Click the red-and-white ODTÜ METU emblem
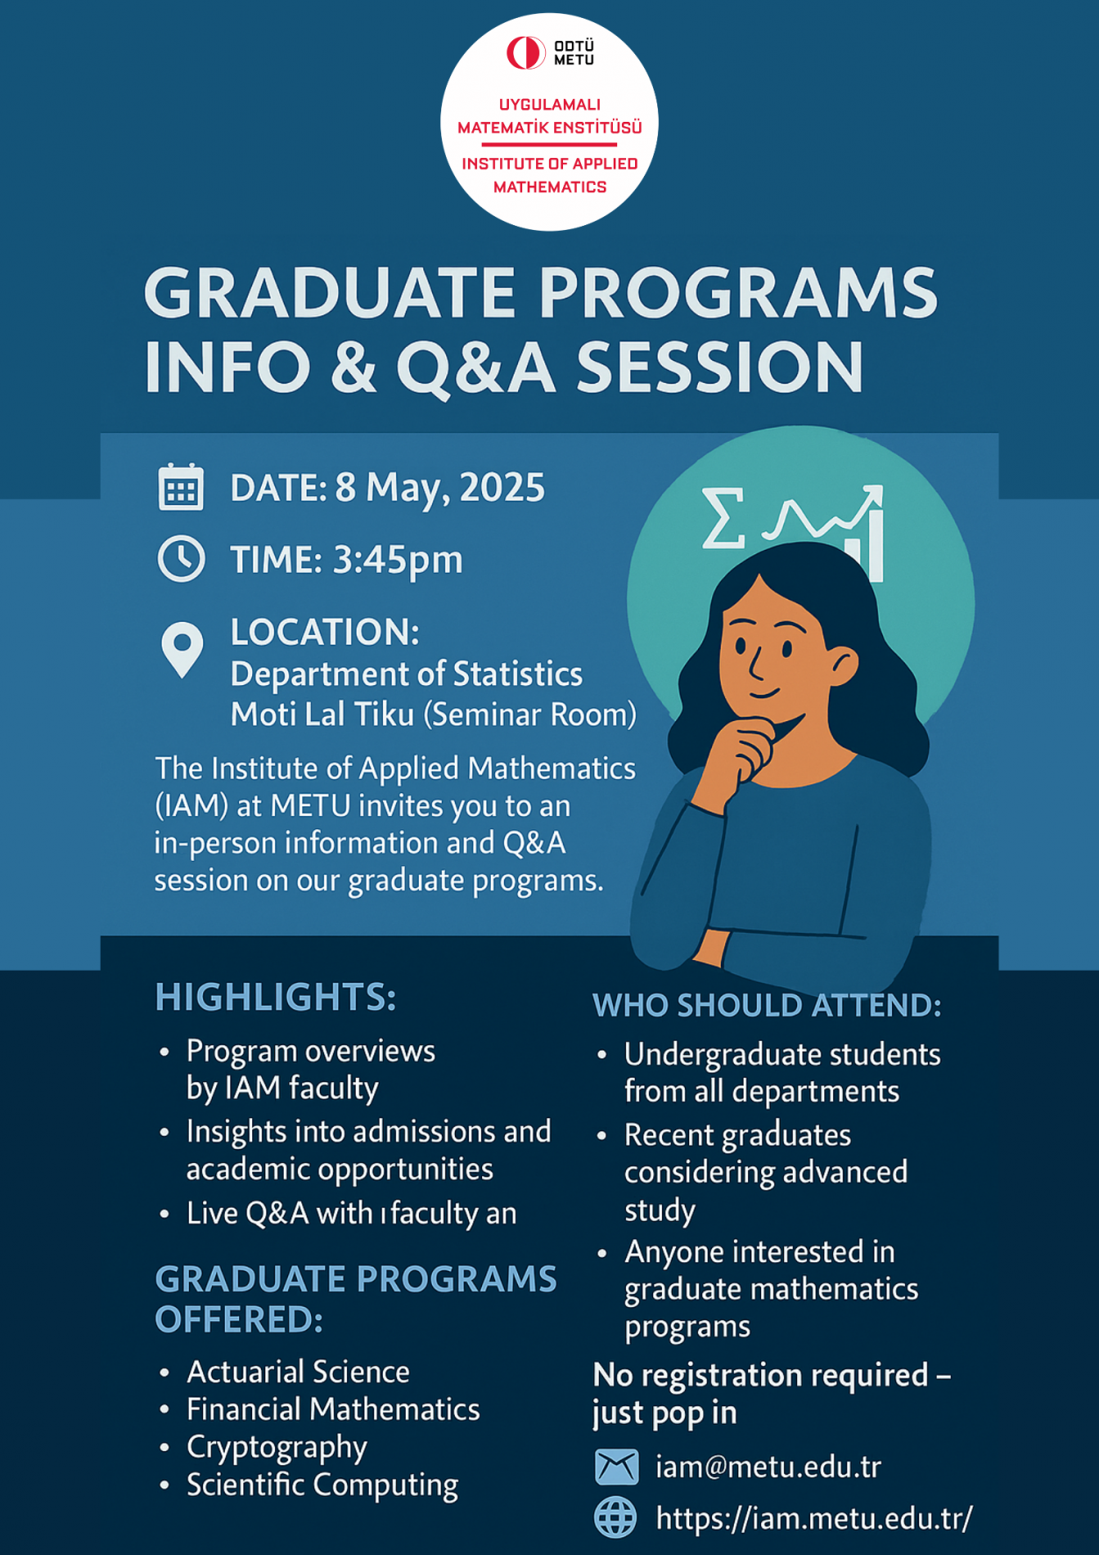pyautogui.click(x=525, y=53)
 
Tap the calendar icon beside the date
pyautogui.click(x=181, y=487)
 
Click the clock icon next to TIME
pyautogui.click(x=181, y=559)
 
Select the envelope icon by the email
pyautogui.click(x=616, y=1467)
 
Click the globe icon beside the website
pyautogui.click(x=615, y=1517)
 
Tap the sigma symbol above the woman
pyautogui.click(x=723, y=517)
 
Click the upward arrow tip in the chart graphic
pyautogui.click(x=881, y=489)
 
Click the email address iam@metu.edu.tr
pyautogui.click(x=768, y=1467)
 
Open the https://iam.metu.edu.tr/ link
pyautogui.click(x=814, y=1518)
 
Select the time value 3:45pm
pyautogui.click(x=398, y=561)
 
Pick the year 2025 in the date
pyautogui.click(x=502, y=488)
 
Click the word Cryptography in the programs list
pyautogui.click(x=277, y=1448)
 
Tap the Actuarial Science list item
pyautogui.click(x=298, y=1372)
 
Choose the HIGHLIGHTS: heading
pyautogui.click(x=276, y=997)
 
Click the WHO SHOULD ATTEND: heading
pyautogui.click(x=767, y=1005)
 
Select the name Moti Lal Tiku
pyautogui.click(x=322, y=714)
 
